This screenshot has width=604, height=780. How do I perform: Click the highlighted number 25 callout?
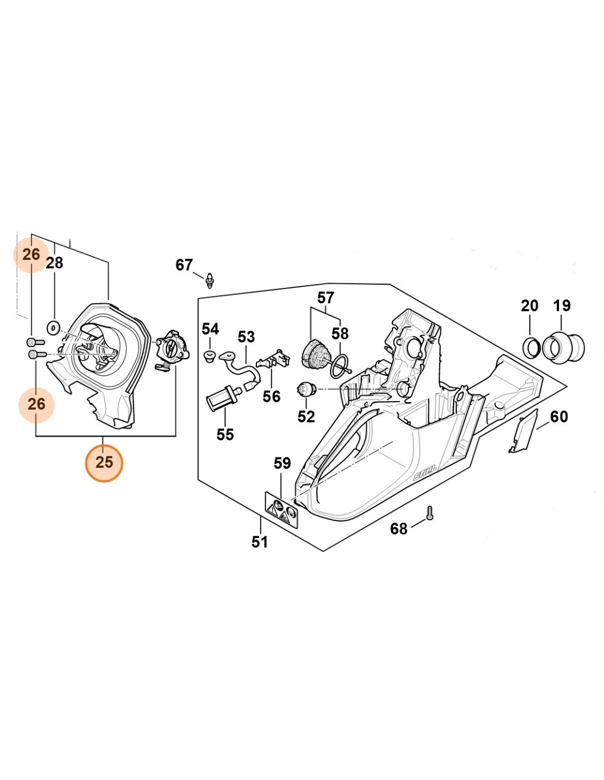click(x=104, y=462)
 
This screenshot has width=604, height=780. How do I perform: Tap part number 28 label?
click(x=54, y=263)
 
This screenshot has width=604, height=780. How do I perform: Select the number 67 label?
click(x=184, y=265)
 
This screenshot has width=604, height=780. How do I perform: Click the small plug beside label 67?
click(x=209, y=281)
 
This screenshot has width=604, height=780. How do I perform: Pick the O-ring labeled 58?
click(x=339, y=365)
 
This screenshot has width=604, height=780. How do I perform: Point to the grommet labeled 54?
click(x=209, y=355)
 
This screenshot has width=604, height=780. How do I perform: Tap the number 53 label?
click(x=246, y=336)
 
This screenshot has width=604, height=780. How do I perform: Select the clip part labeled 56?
click(x=273, y=359)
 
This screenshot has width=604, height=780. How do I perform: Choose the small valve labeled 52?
click(x=306, y=391)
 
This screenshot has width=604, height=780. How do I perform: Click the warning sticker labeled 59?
click(x=281, y=510)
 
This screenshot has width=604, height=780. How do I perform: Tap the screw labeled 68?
click(x=429, y=513)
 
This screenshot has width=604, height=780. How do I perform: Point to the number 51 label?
click(x=260, y=542)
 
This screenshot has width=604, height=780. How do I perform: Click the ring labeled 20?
click(x=531, y=347)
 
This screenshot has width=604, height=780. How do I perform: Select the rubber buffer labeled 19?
click(x=564, y=347)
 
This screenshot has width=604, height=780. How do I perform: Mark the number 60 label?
click(x=559, y=417)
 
